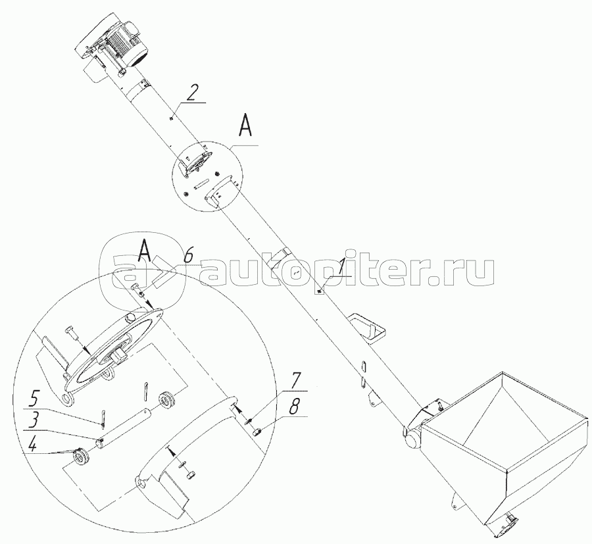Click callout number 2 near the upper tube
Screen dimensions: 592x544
click(191, 93)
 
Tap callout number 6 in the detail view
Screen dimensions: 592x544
click(188, 256)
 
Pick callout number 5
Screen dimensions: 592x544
click(34, 398)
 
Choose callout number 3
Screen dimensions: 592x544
click(33, 420)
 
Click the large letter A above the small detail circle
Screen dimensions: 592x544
click(245, 126)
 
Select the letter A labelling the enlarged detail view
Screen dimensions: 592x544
click(145, 250)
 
